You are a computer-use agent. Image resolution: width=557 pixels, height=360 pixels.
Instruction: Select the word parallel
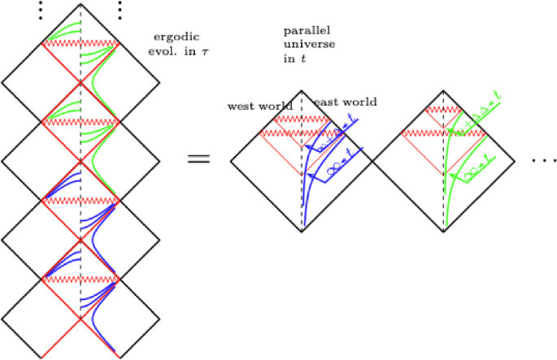coord(301,31)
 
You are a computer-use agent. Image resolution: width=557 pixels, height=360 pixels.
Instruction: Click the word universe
coord(302,46)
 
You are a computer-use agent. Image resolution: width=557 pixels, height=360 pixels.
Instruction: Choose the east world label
coord(346,102)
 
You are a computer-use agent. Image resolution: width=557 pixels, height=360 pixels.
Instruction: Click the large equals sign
coord(198,158)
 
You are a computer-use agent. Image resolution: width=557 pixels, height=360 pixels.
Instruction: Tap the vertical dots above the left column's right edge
coord(120,10)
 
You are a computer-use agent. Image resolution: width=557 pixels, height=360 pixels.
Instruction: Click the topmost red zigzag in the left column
coord(81,42)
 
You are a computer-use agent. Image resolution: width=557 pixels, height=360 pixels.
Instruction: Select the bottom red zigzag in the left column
coord(81,278)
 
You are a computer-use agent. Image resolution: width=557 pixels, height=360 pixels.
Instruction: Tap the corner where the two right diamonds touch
coord(372,161)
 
